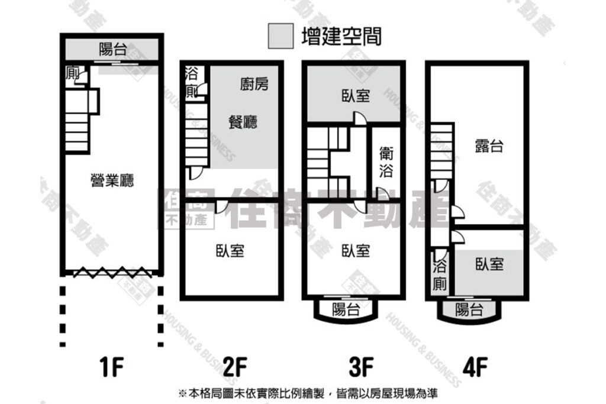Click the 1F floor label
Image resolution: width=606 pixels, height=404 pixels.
(x=112, y=367)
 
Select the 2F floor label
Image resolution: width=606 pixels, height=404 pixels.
(x=235, y=367)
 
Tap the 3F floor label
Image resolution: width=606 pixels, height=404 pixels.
(x=361, y=367)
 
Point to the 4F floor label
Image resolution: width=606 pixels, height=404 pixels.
(x=475, y=367)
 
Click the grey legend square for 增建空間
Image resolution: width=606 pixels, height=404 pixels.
(x=281, y=36)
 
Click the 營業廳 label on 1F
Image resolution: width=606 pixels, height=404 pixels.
(x=112, y=180)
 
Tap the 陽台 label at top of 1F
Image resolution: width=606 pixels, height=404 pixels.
(x=113, y=49)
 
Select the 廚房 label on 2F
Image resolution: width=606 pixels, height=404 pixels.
(x=254, y=84)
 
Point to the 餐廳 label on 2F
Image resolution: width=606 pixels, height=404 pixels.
(x=243, y=122)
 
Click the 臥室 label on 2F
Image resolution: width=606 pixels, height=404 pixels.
(x=230, y=251)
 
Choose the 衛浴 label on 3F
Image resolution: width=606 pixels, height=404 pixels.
(x=386, y=161)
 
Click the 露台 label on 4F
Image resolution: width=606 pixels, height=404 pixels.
(x=489, y=146)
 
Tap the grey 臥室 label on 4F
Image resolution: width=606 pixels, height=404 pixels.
(x=489, y=264)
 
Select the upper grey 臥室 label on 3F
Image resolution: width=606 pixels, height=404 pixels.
(x=356, y=95)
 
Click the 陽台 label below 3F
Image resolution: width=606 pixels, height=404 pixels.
(x=346, y=309)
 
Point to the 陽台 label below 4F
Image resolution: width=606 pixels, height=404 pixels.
(x=469, y=309)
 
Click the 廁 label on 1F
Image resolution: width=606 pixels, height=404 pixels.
(x=72, y=73)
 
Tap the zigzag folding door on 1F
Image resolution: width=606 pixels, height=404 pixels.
(x=112, y=272)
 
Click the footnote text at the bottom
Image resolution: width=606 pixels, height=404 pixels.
(x=308, y=393)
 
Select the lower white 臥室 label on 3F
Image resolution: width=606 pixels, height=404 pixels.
(x=356, y=251)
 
